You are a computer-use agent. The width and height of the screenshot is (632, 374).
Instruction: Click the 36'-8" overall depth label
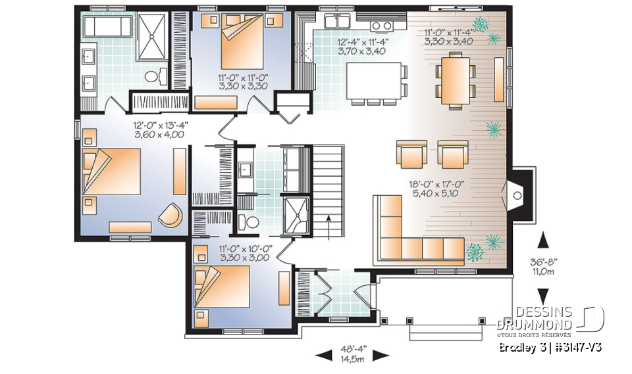tap(543, 266)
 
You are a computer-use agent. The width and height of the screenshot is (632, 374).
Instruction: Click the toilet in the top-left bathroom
tap(153, 76)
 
